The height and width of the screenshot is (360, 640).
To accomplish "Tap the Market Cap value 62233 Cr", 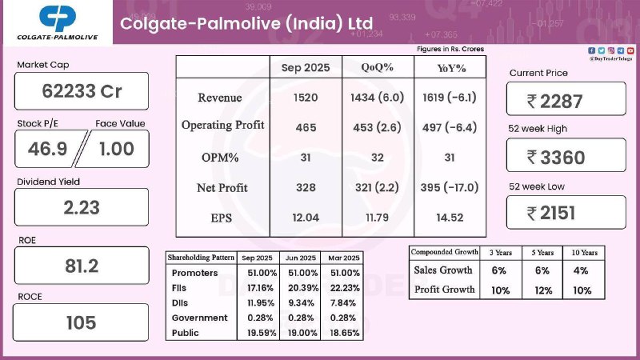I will (x=82, y=91).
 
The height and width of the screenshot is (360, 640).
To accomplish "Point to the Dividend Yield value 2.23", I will (x=82, y=207).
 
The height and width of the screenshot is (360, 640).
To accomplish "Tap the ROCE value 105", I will (x=82, y=323).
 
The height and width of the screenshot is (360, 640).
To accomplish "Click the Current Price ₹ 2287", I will (x=566, y=101).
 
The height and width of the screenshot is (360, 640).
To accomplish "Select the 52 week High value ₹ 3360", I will (x=566, y=157).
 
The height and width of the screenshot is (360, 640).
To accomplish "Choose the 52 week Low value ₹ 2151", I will (x=566, y=213).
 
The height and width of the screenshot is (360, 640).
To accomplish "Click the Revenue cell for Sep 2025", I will (x=305, y=97).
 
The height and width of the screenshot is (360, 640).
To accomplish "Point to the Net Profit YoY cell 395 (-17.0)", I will (x=449, y=187).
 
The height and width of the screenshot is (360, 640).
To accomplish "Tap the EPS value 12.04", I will (x=305, y=217).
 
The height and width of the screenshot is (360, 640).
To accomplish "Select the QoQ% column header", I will (x=377, y=67).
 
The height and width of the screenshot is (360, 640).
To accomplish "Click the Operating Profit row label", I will (x=222, y=126).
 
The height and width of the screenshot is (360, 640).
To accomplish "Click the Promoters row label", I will (x=193, y=273).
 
